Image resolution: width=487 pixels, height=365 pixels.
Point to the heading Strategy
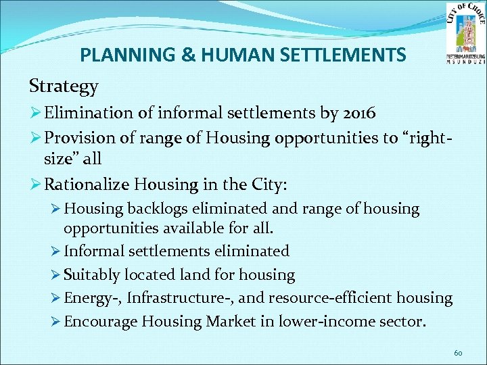tap(64, 87)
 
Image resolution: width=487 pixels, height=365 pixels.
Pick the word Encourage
tap(97, 321)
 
